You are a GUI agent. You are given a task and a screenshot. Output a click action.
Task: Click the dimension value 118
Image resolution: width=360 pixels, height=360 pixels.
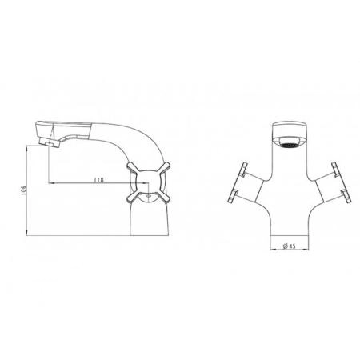coord(98,180)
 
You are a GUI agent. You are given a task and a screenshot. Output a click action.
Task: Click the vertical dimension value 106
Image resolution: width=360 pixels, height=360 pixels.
coord(23,190)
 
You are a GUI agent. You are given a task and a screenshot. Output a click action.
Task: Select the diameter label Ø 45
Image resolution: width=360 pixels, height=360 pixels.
coord(289,246)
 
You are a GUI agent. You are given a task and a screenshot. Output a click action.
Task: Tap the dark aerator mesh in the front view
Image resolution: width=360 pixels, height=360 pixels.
coord(290,145)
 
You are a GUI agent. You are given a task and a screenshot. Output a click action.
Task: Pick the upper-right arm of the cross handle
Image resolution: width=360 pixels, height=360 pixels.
coord(163,168)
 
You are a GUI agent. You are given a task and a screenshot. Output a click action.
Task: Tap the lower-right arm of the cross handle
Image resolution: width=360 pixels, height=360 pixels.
coord(162,198)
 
